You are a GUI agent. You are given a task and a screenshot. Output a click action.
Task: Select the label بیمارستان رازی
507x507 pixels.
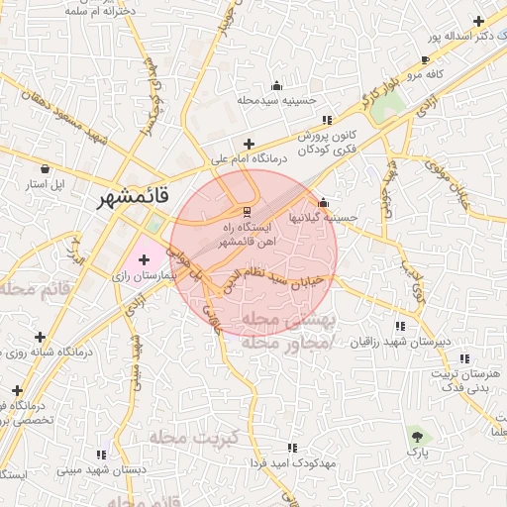[145, 279]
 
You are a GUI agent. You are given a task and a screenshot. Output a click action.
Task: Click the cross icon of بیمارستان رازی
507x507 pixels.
[145, 259]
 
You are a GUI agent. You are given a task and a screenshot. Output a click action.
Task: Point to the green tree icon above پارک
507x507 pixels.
[417, 435]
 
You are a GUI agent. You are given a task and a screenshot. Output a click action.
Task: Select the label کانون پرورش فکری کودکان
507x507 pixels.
[312, 142]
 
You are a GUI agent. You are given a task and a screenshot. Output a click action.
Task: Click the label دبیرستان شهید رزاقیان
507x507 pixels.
[400, 342]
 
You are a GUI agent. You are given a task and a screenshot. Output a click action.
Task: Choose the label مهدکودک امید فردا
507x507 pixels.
[290, 463]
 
